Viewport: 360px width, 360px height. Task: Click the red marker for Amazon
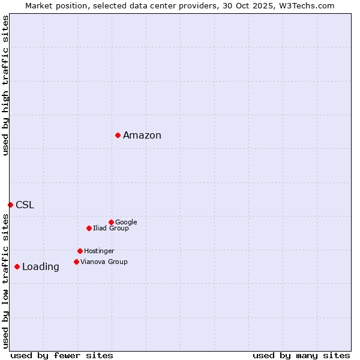click(118, 135)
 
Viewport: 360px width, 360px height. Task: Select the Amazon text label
click(142, 136)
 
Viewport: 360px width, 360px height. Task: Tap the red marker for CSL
click(10, 205)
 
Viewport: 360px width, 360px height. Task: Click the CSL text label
click(25, 205)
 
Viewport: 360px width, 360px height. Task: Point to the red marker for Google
click(111, 222)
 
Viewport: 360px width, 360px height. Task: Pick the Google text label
click(126, 222)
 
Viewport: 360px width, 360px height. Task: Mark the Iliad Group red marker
click(89, 228)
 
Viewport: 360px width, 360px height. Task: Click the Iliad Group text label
click(111, 228)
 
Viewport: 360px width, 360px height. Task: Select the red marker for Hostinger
click(80, 251)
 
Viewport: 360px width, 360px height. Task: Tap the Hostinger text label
click(99, 251)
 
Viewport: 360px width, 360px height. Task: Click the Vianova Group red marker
click(76, 262)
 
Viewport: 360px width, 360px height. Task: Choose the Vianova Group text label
click(104, 262)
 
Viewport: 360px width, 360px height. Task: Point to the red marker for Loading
click(17, 266)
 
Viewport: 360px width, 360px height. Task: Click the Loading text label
click(41, 267)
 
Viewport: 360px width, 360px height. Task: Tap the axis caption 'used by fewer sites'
click(62, 355)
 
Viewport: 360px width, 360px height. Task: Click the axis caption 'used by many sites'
click(301, 355)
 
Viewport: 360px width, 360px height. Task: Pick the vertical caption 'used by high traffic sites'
click(5, 85)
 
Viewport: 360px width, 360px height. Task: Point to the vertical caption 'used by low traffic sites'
click(5, 281)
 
